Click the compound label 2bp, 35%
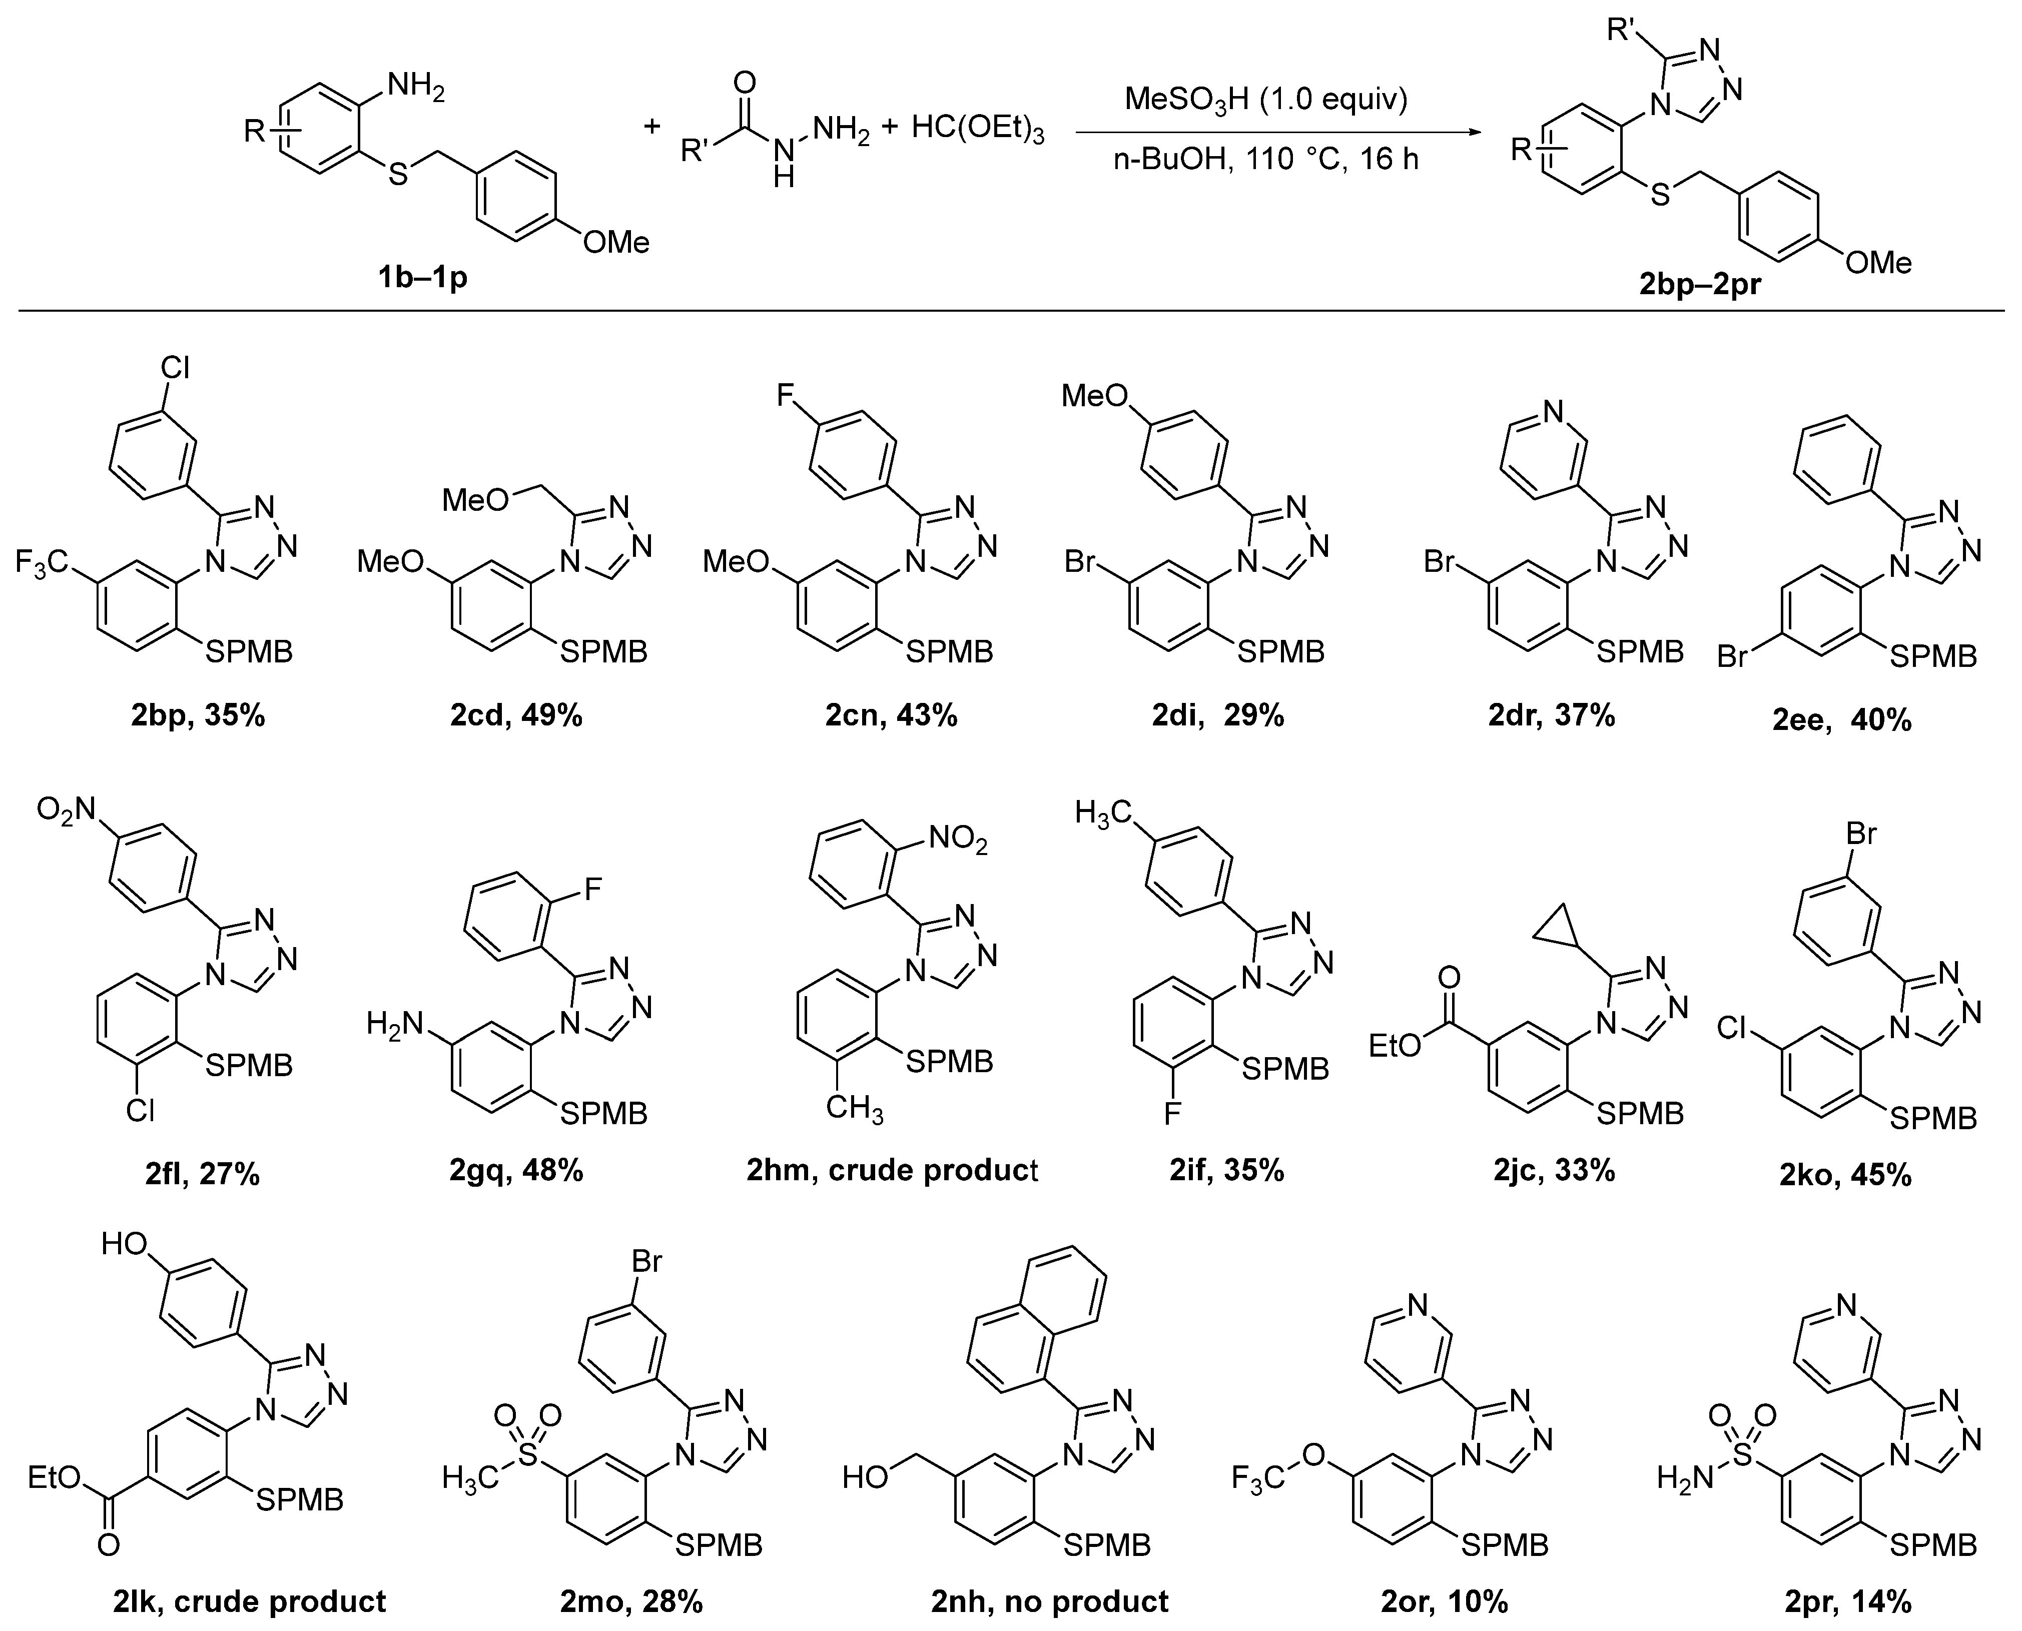pyautogui.click(x=198, y=716)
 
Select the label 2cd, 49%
pyautogui.click(x=516, y=716)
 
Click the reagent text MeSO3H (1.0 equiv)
pyautogui.click(x=1265, y=100)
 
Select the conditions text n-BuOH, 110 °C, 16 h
pyautogui.click(x=1265, y=160)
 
